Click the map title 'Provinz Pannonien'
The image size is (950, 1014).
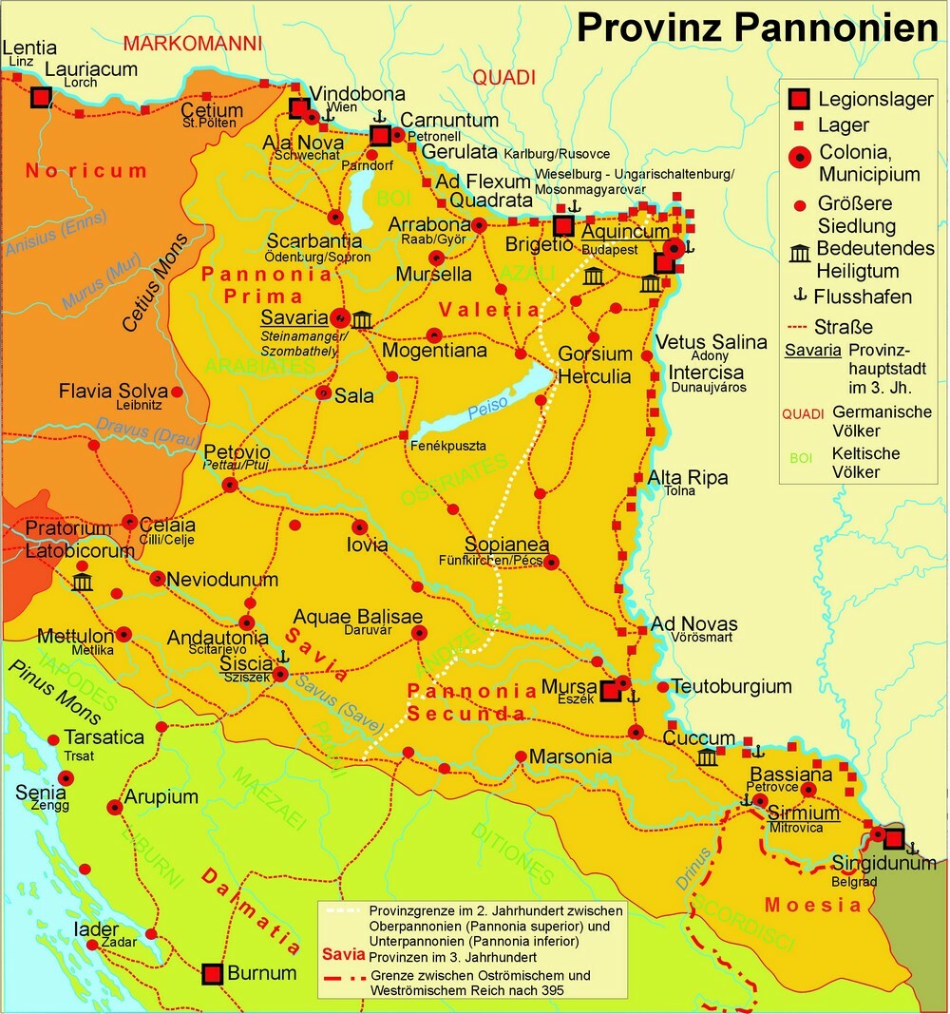coord(757,28)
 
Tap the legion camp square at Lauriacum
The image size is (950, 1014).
coord(40,97)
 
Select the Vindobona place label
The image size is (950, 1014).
coord(357,94)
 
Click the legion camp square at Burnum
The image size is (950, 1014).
coord(213,973)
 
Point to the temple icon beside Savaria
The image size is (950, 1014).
coord(361,318)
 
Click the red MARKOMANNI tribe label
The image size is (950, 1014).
coord(192,44)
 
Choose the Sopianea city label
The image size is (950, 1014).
coord(506,545)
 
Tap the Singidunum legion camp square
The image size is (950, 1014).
coord(893,838)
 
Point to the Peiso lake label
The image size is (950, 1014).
coord(487,404)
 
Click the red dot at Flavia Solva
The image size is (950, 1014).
coord(176,391)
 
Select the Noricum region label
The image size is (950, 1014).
coord(86,172)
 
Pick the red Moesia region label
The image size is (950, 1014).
coord(813,904)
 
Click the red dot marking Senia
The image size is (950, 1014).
coord(66,777)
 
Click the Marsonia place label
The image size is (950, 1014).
coord(570,757)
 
